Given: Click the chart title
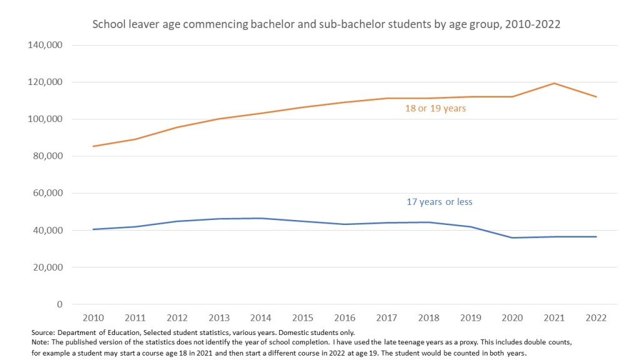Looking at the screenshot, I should (x=326, y=25).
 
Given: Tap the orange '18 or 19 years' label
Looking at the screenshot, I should (x=436, y=109).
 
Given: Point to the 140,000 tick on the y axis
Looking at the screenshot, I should (x=46, y=45).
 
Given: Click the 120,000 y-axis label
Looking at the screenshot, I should (x=46, y=82).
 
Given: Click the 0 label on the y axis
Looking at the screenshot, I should (x=59, y=304).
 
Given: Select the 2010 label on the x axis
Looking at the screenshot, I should (x=92, y=317).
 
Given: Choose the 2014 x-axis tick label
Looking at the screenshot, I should (x=261, y=317).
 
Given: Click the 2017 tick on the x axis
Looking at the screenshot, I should (x=386, y=317).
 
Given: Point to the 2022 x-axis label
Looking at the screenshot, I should (x=596, y=317).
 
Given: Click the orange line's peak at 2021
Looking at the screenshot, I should (x=554, y=83).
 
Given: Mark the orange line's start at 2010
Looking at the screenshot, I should (x=92, y=146).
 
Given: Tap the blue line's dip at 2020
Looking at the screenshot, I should (x=512, y=237).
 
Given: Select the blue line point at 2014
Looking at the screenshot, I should (x=261, y=218).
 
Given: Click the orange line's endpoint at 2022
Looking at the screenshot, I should (x=596, y=97).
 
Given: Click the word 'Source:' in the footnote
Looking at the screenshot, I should (x=43, y=332).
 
